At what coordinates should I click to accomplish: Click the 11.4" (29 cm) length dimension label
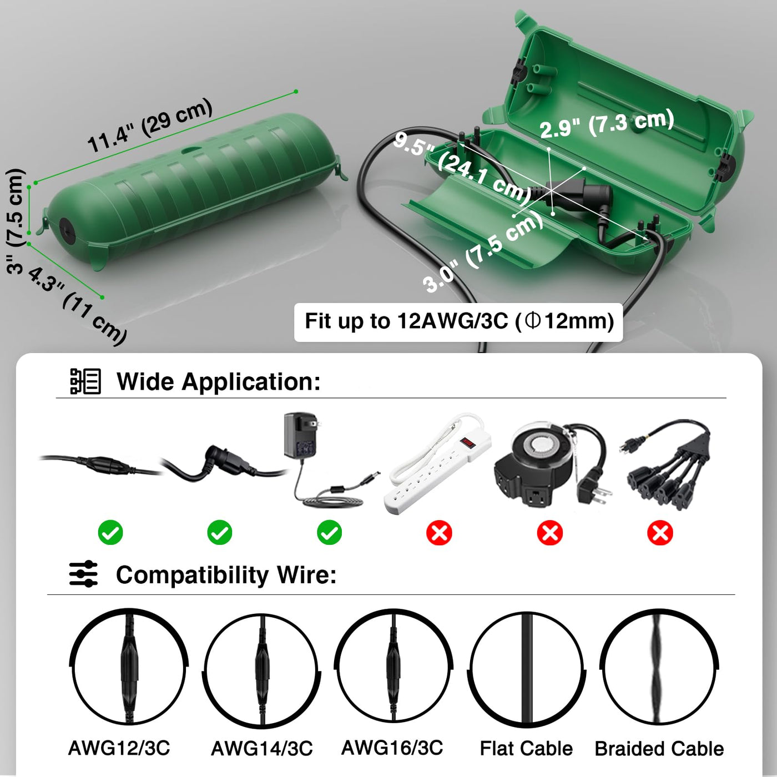click(150, 125)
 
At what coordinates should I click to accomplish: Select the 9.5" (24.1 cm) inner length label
click(462, 169)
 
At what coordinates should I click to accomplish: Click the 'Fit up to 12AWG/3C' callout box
click(458, 322)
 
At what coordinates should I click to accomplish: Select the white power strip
click(437, 463)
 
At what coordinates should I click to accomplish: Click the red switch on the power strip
click(468, 443)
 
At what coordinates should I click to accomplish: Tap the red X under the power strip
click(439, 533)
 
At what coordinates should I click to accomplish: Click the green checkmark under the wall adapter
click(330, 533)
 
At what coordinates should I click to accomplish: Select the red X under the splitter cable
click(660, 533)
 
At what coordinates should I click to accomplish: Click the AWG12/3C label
click(119, 748)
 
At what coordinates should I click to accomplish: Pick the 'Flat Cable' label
click(526, 748)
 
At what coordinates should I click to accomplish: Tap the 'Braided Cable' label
click(659, 749)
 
